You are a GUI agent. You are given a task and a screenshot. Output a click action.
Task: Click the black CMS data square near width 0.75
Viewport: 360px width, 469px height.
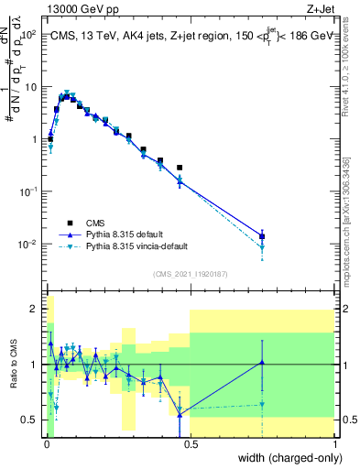(x=262, y=236)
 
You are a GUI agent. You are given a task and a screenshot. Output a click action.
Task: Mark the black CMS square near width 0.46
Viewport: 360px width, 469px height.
(x=180, y=168)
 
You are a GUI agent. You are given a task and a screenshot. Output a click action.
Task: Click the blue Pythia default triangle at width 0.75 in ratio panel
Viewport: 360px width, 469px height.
(x=262, y=362)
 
